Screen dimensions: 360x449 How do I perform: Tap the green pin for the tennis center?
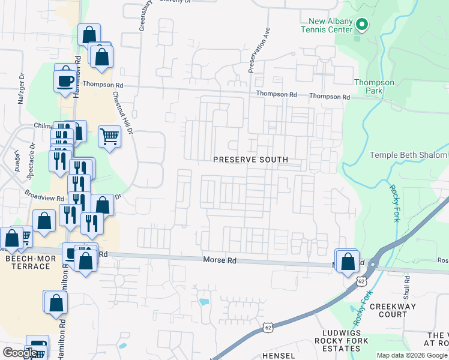pos(361,25)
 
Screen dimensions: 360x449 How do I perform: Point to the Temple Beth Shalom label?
pos(408,155)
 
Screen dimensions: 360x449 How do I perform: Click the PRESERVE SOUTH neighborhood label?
pos(251,160)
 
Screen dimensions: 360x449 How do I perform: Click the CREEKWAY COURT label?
pos(393,310)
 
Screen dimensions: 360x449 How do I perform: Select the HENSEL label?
pos(279,355)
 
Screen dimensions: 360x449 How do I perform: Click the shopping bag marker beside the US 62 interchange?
pos(348,262)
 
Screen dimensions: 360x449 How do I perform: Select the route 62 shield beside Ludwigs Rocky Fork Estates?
pos(268,326)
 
